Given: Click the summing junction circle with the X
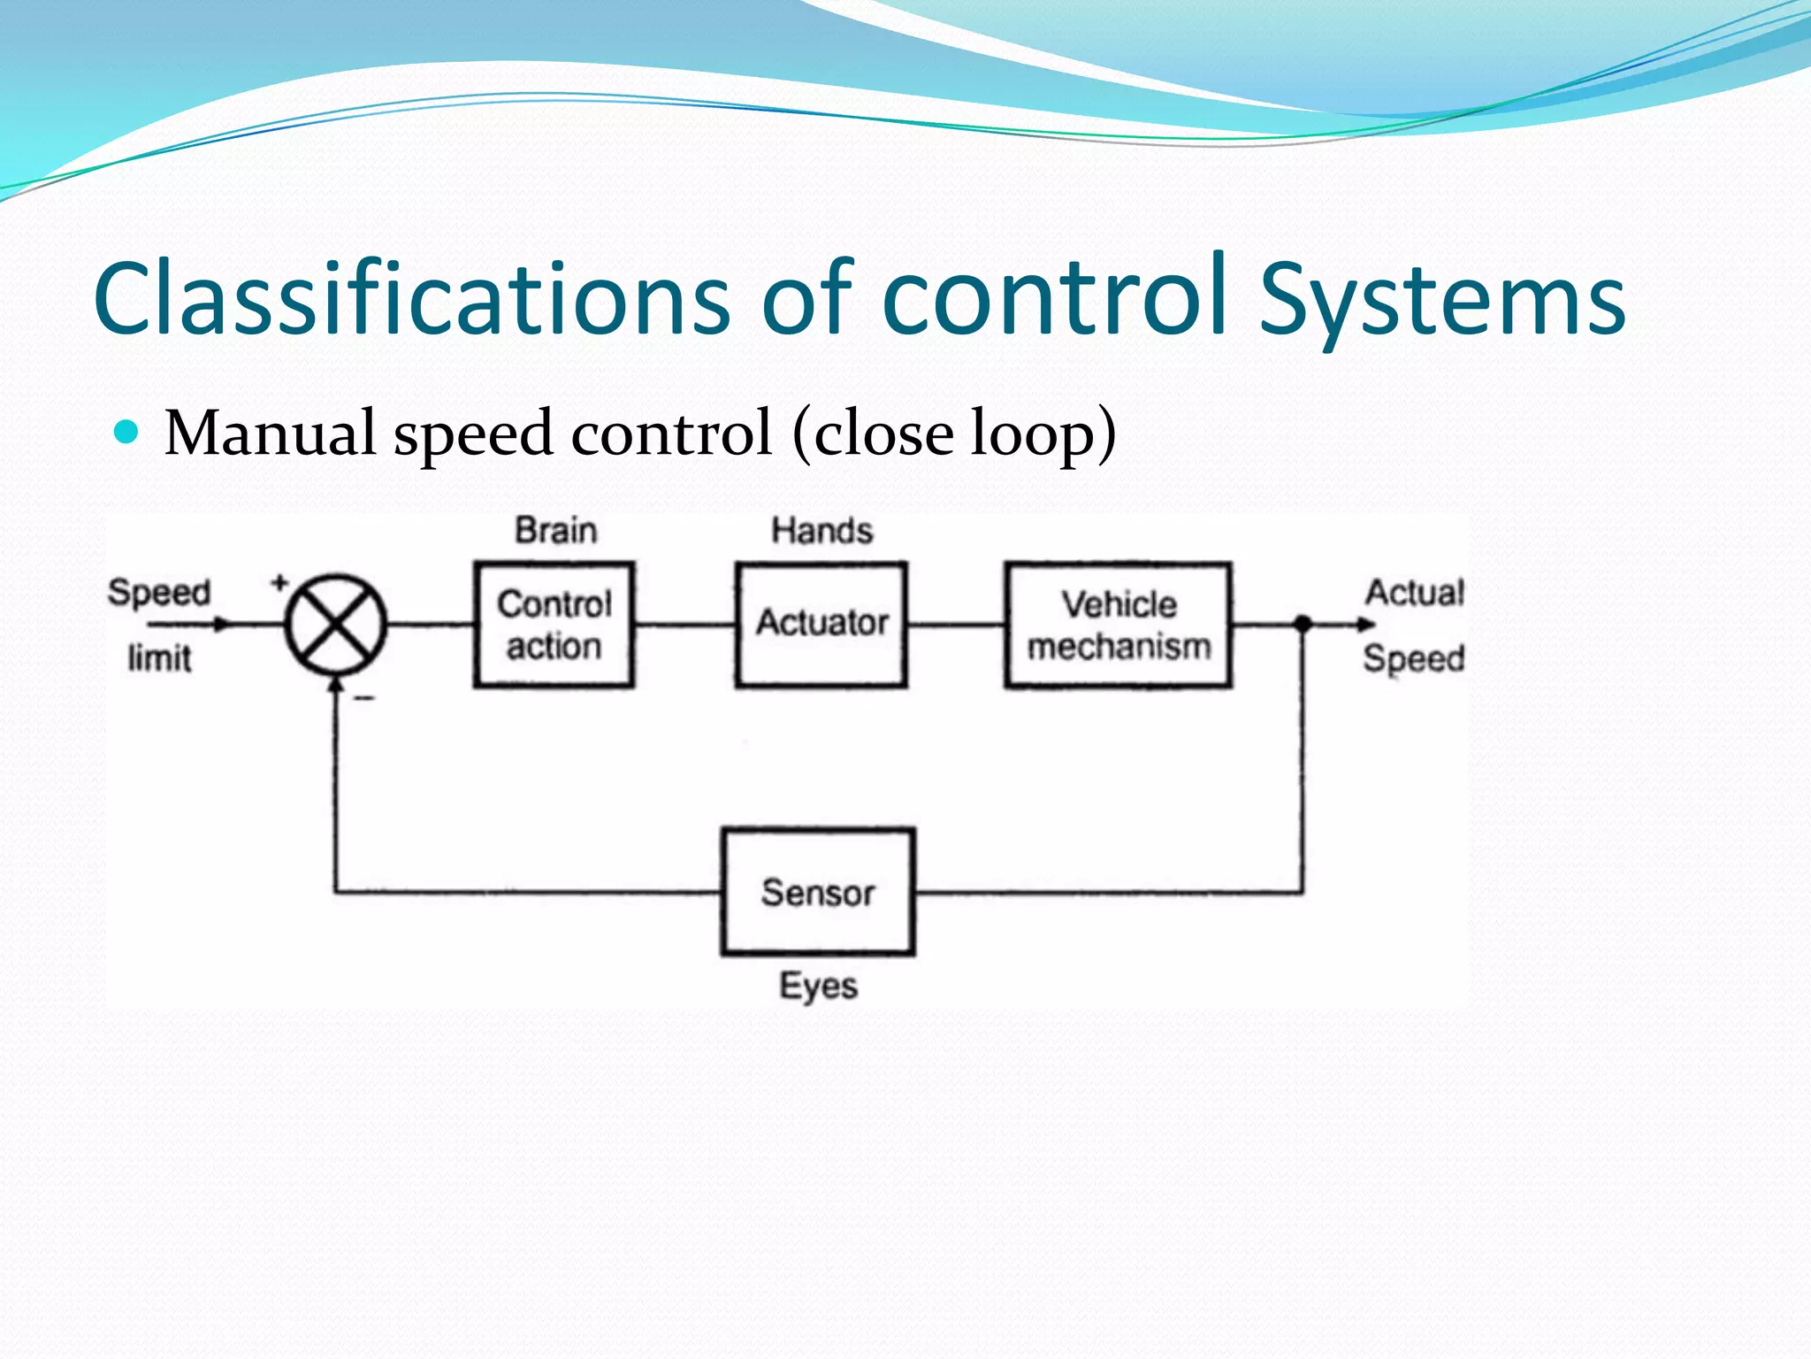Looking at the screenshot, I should [x=335, y=624].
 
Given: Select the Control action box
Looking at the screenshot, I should [x=554, y=625].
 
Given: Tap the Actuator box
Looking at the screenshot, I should [x=821, y=624].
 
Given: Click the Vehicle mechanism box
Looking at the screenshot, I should [x=1119, y=625].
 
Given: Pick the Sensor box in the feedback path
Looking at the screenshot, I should [x=818, y=892].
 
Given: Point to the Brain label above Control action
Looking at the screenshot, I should [x=556, y=531].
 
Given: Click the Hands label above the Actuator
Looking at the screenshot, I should [x=821, y=531].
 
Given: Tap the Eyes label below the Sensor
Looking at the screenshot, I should [x=818, y=986].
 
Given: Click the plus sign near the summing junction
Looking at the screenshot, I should [x=279, y=582].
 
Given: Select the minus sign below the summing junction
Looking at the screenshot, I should [x=364, y=698].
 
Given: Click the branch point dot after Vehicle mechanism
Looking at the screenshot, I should [x=1302, y=624].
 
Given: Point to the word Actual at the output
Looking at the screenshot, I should [x=1414, y=593].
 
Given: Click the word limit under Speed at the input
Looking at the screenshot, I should [x=159, y=658].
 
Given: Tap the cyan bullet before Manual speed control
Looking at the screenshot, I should [x=127, y=432].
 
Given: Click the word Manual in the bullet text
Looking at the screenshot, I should [x=270, y=434].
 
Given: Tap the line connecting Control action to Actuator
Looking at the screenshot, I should [x=684, y=625].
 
